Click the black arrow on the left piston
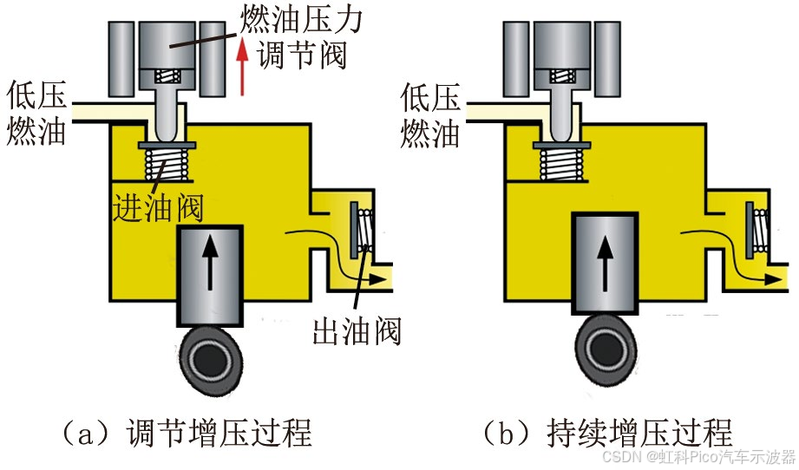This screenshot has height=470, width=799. pyautogui.click(x=210, y=264)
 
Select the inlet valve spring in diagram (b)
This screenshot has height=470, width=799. pyautogui.click(x=564, y=164)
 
